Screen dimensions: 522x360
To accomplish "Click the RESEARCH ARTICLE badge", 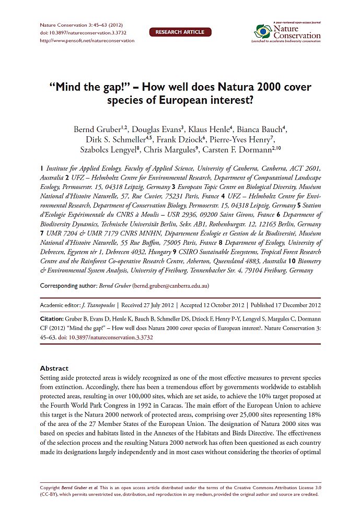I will click(x=180, y=32).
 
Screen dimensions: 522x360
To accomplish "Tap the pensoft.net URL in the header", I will click(x=87, y=40).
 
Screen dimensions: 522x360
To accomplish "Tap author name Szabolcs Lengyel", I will click(x=112, y=150).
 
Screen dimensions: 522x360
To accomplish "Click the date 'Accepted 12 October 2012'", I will click(x=213, y=304).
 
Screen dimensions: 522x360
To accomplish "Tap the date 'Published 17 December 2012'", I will click(x=285, y=304).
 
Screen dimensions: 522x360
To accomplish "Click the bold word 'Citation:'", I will click(x=52, y=318).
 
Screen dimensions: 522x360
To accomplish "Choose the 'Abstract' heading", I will click(x=54, y=368).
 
